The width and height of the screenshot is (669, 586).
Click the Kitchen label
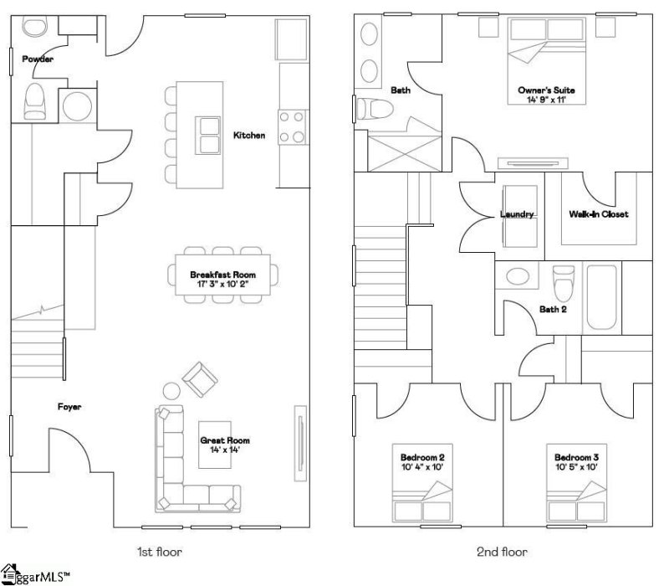point(249,135)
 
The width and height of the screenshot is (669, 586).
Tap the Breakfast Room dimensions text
point(222,285)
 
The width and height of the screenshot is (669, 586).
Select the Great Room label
point(224,439)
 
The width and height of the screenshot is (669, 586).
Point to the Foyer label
point(69,407)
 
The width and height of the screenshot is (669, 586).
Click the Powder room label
point(38,59)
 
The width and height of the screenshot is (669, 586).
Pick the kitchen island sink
point(206,134)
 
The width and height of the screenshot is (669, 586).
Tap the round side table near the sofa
point(171,391)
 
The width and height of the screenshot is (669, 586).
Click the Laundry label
point(517,214)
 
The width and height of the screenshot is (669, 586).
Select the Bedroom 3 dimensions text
point(576,468)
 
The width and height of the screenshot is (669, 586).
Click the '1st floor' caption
point(159,552)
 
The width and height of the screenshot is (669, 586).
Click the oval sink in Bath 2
point(518,278)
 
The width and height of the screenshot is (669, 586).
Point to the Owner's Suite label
point(546,90)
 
